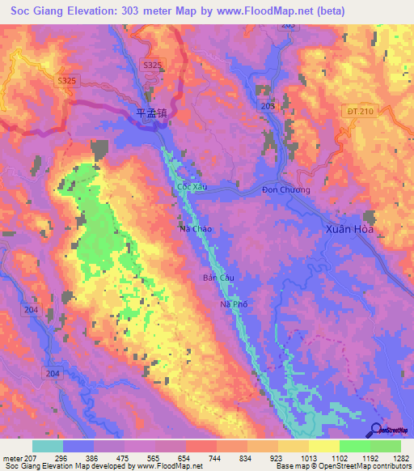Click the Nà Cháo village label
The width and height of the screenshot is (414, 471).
click(195, 229)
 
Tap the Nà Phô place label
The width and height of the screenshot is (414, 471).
click(233, 304)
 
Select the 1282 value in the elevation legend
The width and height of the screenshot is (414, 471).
click(399, 457)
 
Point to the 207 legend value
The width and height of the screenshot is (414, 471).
click(24, 457)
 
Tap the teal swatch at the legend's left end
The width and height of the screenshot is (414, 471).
click(48, 446)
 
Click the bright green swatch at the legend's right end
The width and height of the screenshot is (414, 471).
click(386, 446)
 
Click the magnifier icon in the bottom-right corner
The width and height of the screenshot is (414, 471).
click(378, 430)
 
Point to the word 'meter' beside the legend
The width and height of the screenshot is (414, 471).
click(11, 457)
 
